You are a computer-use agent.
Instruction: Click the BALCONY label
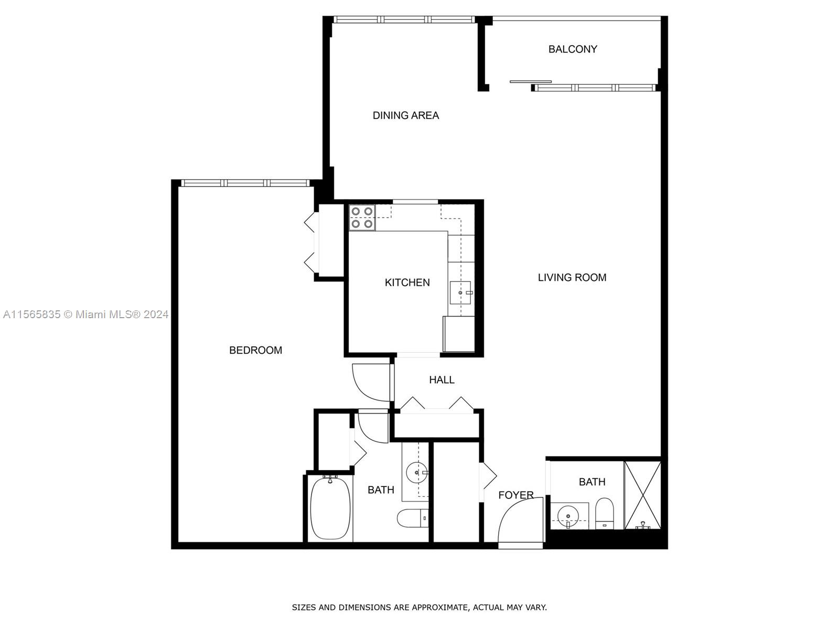[573, 49]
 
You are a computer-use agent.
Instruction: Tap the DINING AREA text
[405, 115]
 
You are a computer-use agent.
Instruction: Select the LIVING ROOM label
[572, 277]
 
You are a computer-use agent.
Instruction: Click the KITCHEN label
[407, 283]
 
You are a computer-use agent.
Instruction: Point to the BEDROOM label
[255, 350]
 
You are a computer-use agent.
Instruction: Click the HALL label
[442, 379]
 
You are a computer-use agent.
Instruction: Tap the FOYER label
[515, 495]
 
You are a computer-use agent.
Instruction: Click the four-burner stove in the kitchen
[362, 218]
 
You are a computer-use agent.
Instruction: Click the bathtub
[330, 508]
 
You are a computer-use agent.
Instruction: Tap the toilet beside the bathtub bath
[413, 518]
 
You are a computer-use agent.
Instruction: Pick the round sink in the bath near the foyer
[568, 517]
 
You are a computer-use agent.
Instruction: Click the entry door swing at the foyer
[519, 524]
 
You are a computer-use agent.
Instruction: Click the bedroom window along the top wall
[245, 183]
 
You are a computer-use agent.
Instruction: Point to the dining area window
[404, 20]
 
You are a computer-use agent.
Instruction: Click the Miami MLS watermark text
[85, 314]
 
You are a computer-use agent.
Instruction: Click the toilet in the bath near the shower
[605, 513]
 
